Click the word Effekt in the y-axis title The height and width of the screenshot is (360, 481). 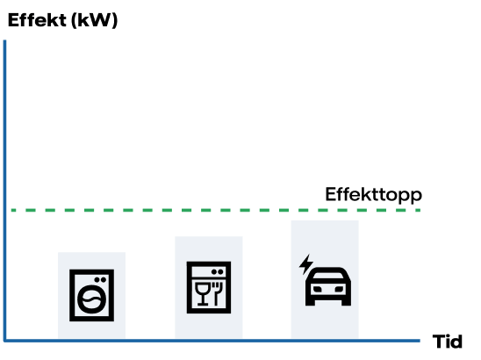coord(35,21)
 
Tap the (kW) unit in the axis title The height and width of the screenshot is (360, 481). coord(92,21)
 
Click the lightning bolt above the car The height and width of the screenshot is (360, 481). coord(305,263)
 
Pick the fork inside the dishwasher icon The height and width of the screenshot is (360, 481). coord(216,292)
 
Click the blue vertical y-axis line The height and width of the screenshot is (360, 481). coord(5,176)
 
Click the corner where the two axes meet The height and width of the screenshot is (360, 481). coord(5,340)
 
